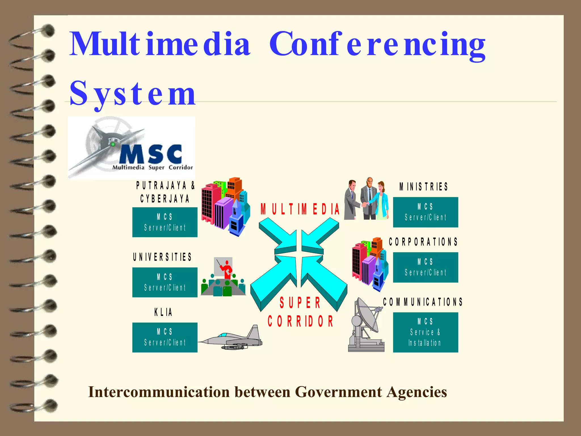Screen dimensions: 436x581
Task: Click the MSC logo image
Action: tap(131, 148)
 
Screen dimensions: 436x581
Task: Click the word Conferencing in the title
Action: tap(377, 45)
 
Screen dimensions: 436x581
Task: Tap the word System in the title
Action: tap(132, 93)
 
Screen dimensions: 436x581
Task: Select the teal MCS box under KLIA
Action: tap(165, 337)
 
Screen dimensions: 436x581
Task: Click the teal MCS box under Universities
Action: tap(165, 282)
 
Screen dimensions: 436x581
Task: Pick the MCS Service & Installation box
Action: tap(425, 332)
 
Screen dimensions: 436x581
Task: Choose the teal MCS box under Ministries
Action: tap(425, 212)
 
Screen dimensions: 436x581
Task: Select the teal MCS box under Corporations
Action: tap(425, 267)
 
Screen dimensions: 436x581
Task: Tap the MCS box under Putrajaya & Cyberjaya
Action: tap(165, 222)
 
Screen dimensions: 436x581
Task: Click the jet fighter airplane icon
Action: tap(233, 339)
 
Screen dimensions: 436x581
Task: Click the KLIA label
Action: tap(163, 312)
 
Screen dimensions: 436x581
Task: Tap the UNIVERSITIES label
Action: tap(162, 257)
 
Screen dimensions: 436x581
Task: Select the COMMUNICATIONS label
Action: tap(423, 302)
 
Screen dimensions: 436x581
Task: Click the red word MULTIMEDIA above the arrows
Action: tap(300, 209)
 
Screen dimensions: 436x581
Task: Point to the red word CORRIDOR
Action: tap(300, 321)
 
